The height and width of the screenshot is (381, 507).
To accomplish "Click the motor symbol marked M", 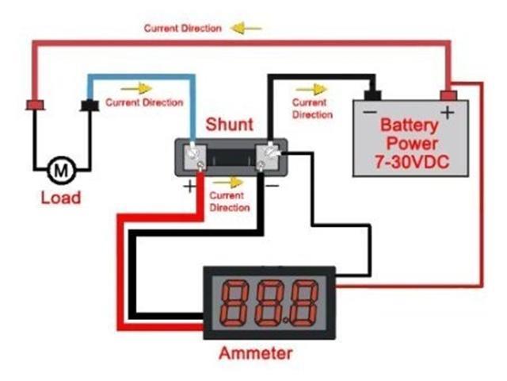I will pyautogui.click(x=60, y=168).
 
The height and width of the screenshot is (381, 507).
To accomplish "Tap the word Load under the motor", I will pyautogui.click(x=61, y=197).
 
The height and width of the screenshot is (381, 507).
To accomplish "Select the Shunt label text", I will pyautogui.click(x=230, y=124).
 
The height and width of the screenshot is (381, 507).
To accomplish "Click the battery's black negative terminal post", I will pyautogui.click(x=371, y=95).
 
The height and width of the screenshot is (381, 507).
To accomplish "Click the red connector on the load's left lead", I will pyautogui.click(x=36, y=105).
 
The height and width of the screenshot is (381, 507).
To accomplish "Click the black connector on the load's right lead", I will pyautogui.click(x=90, y=105).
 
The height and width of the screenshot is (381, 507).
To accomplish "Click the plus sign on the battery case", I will pyautogui.click(x=447, y=112).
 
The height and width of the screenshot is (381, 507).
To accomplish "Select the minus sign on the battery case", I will pyautogui.click(x=369, y=113).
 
